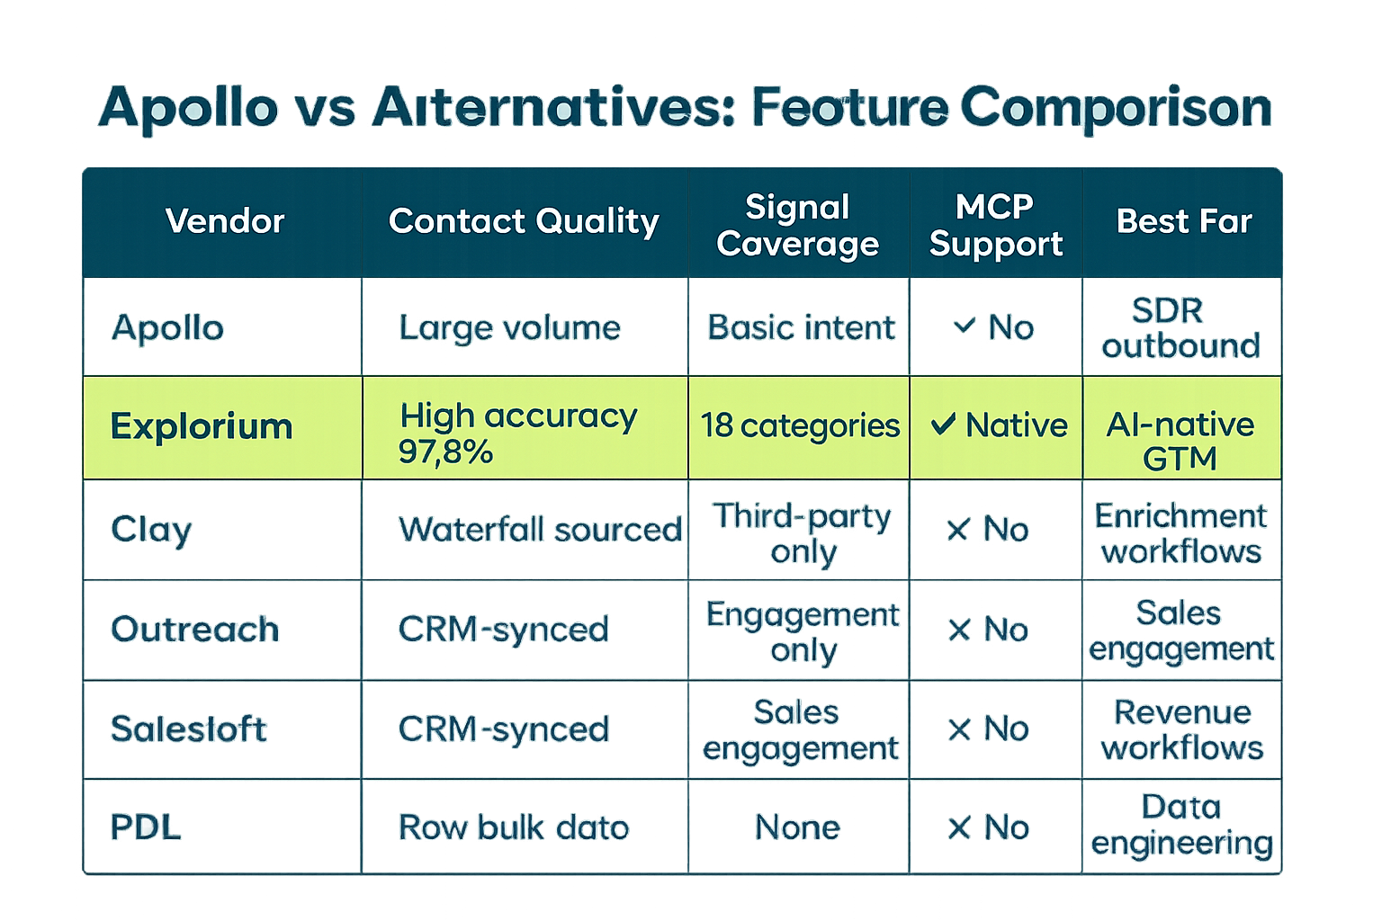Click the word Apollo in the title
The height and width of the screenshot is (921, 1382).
(188, 109)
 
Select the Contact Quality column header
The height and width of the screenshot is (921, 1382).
(524, 221)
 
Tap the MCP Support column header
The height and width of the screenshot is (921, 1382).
(995, 225)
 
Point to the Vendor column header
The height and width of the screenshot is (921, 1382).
(225, 221)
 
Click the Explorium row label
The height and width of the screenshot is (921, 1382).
(202, 426)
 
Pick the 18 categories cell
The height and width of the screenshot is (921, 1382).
(800, 425)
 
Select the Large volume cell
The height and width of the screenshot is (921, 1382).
(509, 327)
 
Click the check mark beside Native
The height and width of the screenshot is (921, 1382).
(943, 425)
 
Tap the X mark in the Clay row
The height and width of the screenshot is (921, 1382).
(958, 529)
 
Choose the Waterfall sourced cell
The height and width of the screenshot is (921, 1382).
(540, 529)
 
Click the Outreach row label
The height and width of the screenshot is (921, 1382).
(195, 630)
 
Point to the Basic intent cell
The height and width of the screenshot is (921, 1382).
(801, 327)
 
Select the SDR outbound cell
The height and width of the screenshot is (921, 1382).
(1180, 327)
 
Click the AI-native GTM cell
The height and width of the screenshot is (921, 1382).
(1180, 441)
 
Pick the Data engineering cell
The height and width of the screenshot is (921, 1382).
(1181, 826)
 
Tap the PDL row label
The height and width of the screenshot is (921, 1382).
(146, 827)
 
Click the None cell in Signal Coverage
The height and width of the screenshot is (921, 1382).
(797, 827)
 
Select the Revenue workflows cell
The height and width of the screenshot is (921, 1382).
(1182, 729)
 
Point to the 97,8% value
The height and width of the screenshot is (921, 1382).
(445, 452)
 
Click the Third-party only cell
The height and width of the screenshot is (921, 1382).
(802, 533)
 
